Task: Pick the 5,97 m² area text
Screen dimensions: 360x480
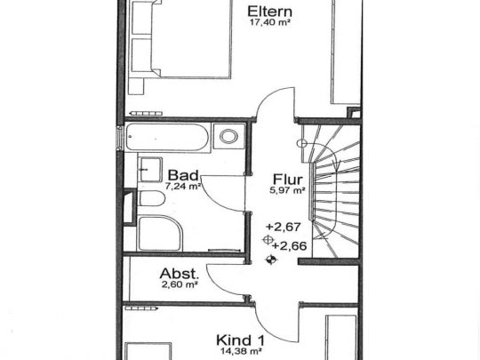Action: (x=288, y=188)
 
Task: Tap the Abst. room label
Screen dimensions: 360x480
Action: (x=179, y=274)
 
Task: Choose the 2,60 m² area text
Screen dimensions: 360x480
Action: (x=180, y=286)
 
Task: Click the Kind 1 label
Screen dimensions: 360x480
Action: (x=241, y=339)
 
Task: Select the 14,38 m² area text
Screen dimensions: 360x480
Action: (x=241, y=351)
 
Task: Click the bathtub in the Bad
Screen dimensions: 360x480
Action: (x=169, y=138)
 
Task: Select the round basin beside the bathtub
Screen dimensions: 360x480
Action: (x=228, y=138)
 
